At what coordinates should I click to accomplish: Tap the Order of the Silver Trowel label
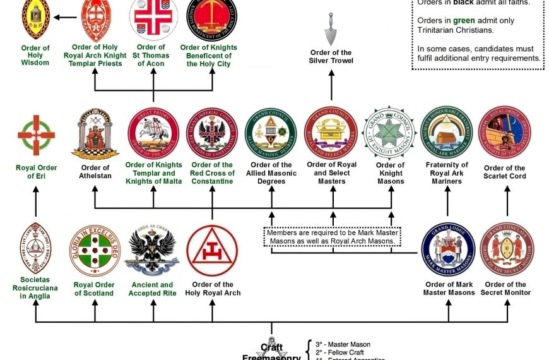point(331,57)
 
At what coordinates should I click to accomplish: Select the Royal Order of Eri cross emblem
point(36,135)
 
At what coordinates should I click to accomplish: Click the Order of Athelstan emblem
point(95,133)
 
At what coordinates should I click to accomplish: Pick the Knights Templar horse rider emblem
point(153,133)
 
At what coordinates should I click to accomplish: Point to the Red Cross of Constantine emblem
point(212,133)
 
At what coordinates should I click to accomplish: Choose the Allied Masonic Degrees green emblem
point(271,133)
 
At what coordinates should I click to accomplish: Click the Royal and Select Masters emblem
point(331,133)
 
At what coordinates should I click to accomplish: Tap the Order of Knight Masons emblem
point(389,133)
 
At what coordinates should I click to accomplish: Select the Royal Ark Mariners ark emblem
point(447,133)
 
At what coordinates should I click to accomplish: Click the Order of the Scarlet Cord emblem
point(505,133)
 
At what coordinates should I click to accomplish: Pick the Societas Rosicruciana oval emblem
point(36,248)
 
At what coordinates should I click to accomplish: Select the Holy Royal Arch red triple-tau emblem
point(212,251)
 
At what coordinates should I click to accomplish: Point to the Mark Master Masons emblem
point(448,249)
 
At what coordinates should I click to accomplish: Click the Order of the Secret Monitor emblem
point(507,249)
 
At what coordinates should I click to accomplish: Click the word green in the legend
point(464,20)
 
